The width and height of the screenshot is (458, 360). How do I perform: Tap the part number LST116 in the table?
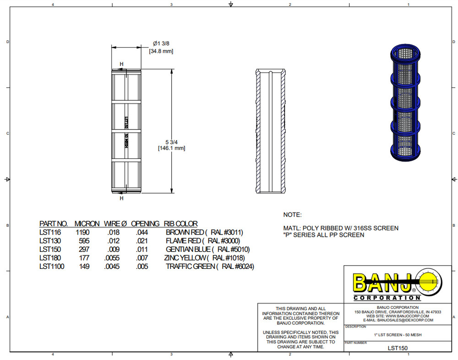[48, 232]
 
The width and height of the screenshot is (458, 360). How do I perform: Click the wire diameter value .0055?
[112, 258]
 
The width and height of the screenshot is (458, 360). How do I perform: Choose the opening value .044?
[142, 232]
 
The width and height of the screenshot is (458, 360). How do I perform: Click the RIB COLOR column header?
[180, 224]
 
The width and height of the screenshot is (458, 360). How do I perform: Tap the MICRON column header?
[87, 224]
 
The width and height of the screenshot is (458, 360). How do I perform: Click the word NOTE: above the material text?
[292, 214]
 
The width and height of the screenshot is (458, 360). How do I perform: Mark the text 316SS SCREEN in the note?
[378, 228]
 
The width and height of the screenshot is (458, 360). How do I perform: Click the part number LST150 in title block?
[398, 348]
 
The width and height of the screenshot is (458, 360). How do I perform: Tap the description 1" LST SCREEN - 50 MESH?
[398, 335]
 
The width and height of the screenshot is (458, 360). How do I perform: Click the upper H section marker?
[121, 64]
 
